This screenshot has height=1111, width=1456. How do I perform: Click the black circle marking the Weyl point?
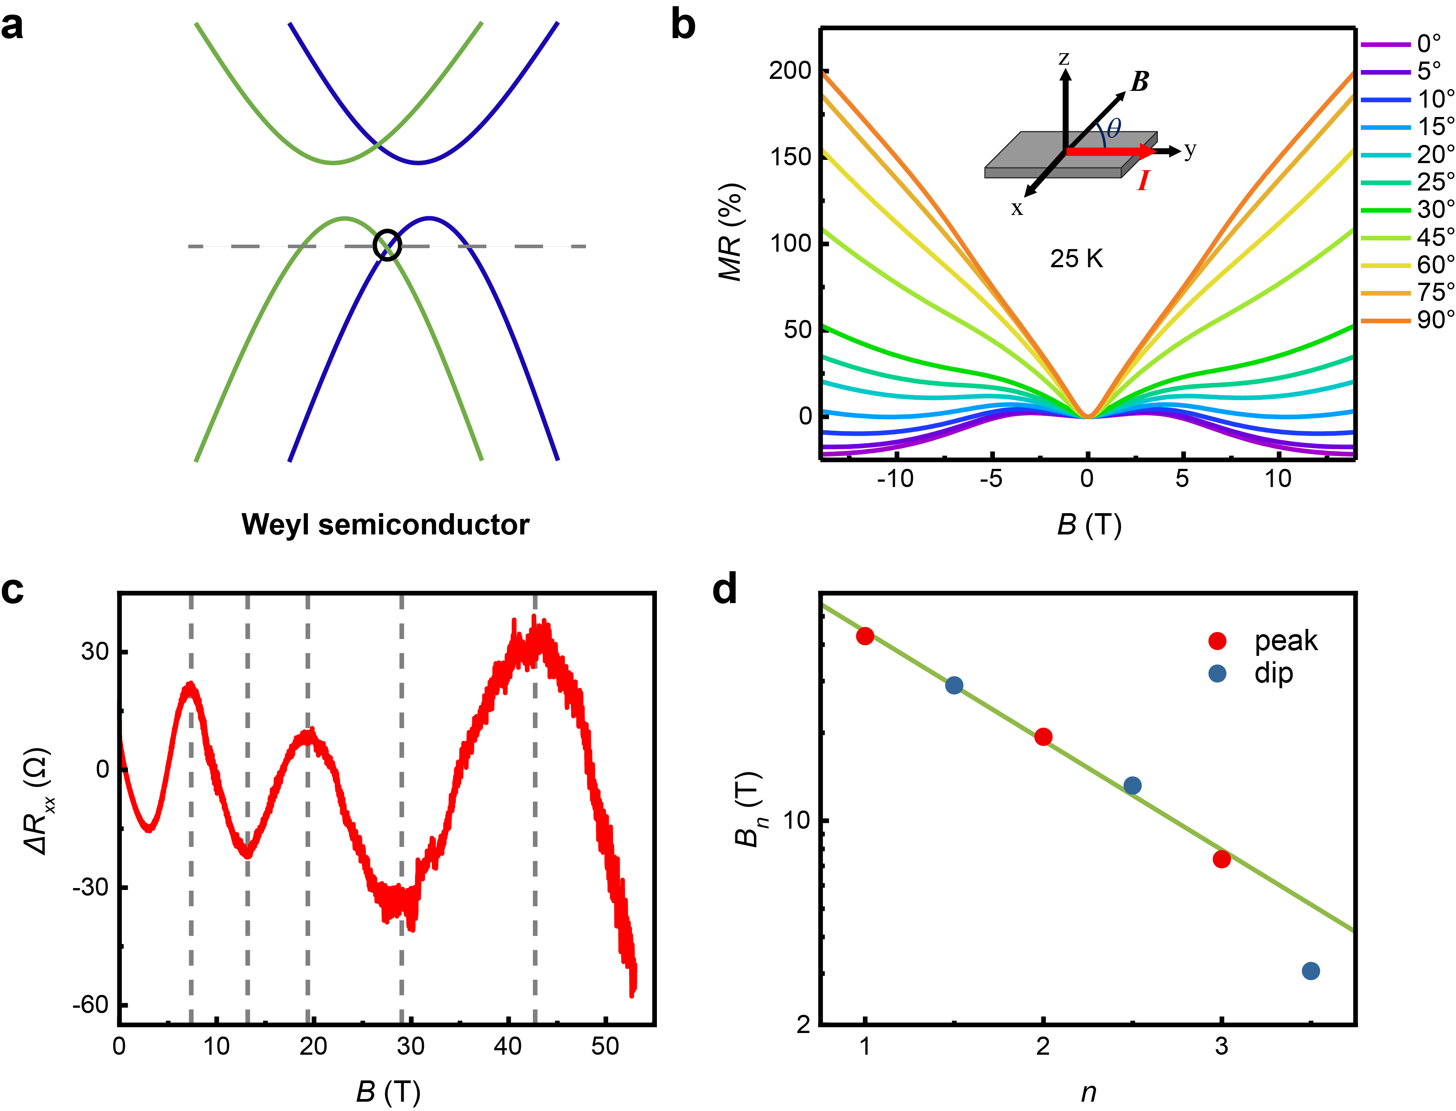387,245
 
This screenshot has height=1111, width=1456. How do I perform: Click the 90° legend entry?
1435,320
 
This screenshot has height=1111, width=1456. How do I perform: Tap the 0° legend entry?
1428,43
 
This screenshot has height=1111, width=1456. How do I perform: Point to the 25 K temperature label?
1076,258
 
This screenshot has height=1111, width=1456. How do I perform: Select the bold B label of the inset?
1139,82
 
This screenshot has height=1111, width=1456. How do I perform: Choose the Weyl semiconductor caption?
385,524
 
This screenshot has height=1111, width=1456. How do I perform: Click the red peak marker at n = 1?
865,636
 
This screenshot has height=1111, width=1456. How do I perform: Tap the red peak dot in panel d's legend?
1217,640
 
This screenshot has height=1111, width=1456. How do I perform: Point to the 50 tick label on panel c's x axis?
605,1046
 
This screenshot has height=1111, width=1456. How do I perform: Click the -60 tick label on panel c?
90,1005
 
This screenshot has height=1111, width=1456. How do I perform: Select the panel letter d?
724,589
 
